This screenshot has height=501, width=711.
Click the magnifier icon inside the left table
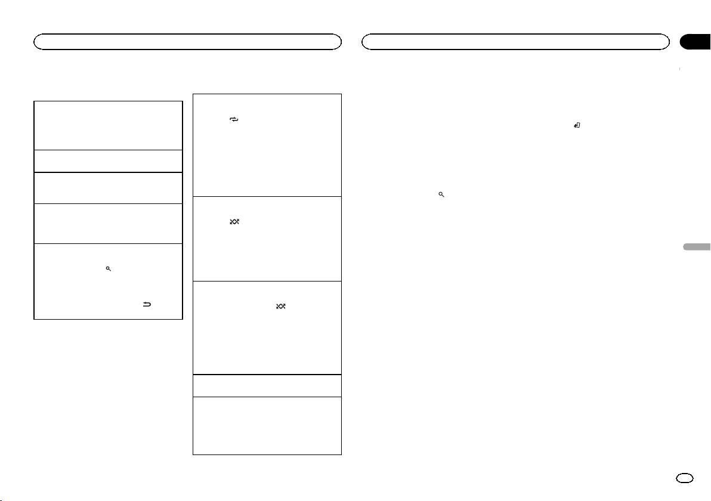point(109,269)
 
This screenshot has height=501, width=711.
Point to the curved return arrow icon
point(147,305)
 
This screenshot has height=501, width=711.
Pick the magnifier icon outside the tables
point(441,195)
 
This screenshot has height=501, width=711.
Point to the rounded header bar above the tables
point(187,41)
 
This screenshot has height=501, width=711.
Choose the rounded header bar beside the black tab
point(515,41)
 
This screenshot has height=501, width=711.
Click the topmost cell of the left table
point(108,125)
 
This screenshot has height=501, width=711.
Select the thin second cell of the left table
point(108,161)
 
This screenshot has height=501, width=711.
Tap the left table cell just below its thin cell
point(108,188)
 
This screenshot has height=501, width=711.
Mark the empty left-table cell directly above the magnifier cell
point(108,223)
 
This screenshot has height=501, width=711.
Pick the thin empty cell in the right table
point(267,385)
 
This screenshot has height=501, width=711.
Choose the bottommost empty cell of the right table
point(267,426)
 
